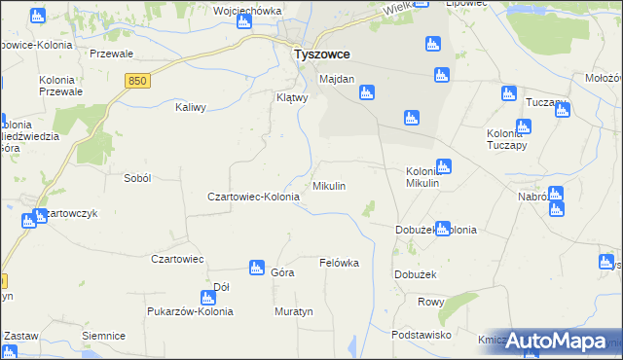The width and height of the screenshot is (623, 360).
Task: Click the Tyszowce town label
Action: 321,55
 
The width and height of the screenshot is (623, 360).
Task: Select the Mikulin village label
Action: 328,185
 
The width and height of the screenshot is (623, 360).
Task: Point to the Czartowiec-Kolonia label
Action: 253,197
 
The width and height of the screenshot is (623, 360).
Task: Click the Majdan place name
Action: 337,79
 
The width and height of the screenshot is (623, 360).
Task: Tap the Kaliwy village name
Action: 190,108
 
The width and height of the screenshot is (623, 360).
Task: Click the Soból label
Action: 137,179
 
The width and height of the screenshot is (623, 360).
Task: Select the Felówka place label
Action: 339,263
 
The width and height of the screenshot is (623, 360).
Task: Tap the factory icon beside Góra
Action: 257,267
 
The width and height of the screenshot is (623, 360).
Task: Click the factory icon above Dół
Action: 207,298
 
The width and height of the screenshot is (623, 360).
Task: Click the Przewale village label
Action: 110,54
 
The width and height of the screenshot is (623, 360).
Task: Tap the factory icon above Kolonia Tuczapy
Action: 524,126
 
